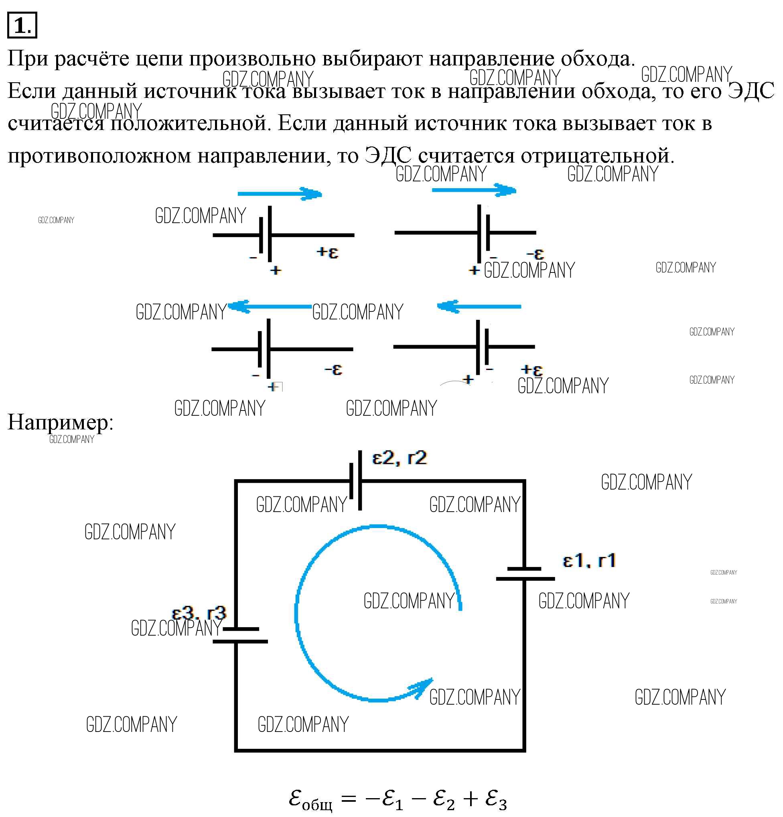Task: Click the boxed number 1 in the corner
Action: point(22,26)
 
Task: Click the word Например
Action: point(60,422)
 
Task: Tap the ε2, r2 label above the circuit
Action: point(399,458)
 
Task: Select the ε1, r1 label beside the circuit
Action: point(589,561)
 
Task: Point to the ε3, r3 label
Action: point(199,613)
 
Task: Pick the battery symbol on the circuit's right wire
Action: point(525,573)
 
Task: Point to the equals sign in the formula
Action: point(349,799)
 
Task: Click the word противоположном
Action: point(99,155)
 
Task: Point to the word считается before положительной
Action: point(56,123)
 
